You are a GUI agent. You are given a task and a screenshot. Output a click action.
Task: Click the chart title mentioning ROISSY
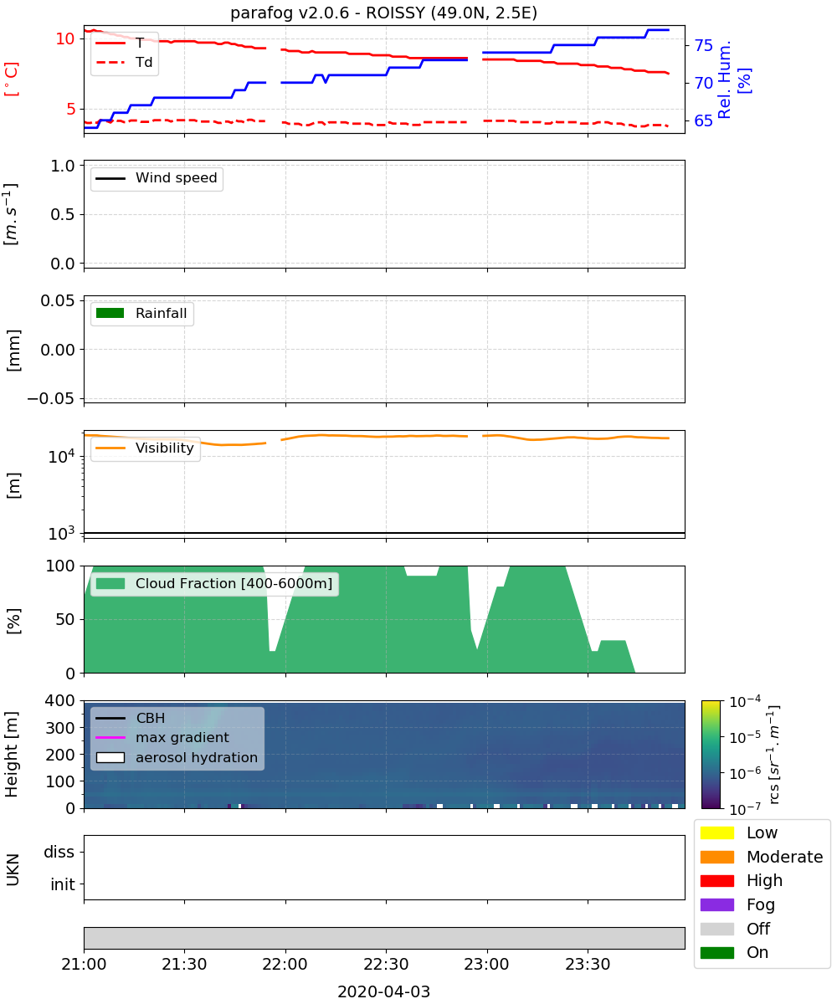point(383,13)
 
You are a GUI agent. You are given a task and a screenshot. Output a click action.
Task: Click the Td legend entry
point(124,63)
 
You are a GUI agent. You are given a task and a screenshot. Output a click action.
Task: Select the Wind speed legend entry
point(157,178)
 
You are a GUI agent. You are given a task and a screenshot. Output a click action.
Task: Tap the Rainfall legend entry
point(141,314)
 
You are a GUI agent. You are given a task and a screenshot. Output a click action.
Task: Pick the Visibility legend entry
point(144,448)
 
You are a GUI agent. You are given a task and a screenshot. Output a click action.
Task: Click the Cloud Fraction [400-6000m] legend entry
point(214,584)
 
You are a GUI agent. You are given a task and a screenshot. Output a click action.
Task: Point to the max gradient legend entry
point(162,738)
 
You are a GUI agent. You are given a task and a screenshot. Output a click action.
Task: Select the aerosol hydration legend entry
point(177,758)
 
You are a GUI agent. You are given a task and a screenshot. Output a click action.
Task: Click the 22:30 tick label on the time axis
point(386,965)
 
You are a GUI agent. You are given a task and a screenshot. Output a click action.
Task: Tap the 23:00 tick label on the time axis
point(487,965)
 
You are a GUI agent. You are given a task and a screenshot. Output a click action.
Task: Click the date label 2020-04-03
point(383,992)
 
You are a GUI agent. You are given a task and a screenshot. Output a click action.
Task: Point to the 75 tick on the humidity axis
point(703,46)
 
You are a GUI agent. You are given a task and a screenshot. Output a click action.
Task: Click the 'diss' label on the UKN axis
point(59,852)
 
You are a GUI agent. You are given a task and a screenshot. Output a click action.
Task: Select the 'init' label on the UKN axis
point(63,884)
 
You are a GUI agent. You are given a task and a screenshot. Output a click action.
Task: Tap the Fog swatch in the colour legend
point(716,905)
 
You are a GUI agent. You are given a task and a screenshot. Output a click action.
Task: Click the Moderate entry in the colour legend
point(762,857)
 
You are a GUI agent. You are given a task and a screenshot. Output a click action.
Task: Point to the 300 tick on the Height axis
point(60,728)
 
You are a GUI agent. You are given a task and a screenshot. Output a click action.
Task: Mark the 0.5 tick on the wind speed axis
point(63,214)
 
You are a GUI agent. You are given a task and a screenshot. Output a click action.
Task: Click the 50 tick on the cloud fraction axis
point(65,620)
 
